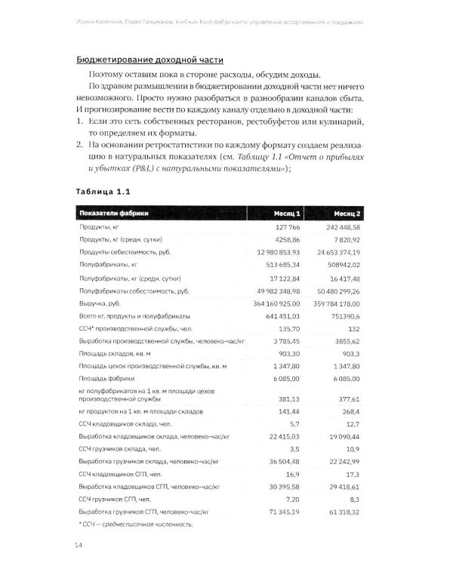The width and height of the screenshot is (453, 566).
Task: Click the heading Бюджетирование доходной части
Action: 151,60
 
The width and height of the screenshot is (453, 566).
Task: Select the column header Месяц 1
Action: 286,212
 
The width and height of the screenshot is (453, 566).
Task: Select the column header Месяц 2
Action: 345,212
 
